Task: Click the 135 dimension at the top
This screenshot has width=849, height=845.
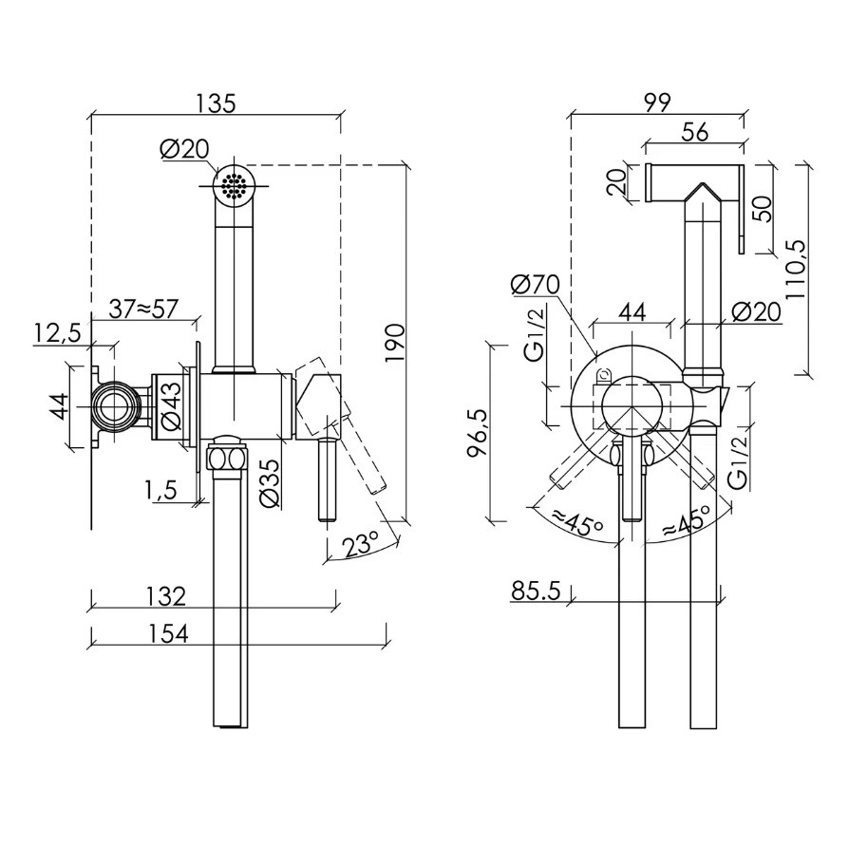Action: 216,103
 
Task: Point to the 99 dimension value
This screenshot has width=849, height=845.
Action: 656,103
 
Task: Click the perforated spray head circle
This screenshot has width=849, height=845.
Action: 232,183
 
